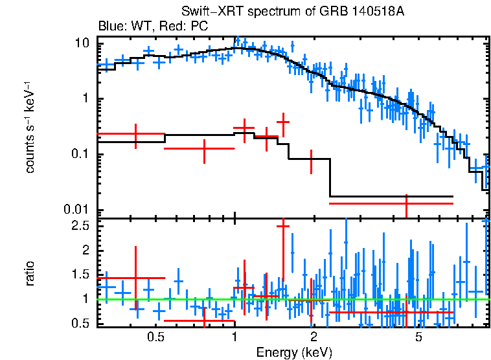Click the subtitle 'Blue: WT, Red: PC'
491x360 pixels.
pyautogui.click(x=153, y=27)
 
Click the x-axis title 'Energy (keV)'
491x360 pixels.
pyautogui.click(x=294, y=352)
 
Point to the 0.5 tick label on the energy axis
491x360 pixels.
pyautogui.click(x=155, y=337)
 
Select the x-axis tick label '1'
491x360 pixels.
pyautogui.click(x=234, y=337)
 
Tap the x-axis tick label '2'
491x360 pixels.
pyautogui.click(x=314, y=337)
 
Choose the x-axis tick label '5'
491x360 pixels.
pyautogui.click(x=418, y=337)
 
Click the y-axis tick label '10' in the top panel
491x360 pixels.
pyautogui.click(x=82, y=43)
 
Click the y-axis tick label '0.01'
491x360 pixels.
pyautogui.click(x=78, y=210)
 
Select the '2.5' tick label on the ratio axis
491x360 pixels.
pyautogui.click(x=80, y=226)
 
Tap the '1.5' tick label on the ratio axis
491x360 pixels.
pyautogui.click(x=80, y=275)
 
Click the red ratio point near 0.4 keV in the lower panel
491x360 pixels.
pyautogui.click(x=135, y=278)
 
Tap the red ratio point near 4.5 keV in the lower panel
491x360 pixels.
pyautogui.click(x=406, y=312)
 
